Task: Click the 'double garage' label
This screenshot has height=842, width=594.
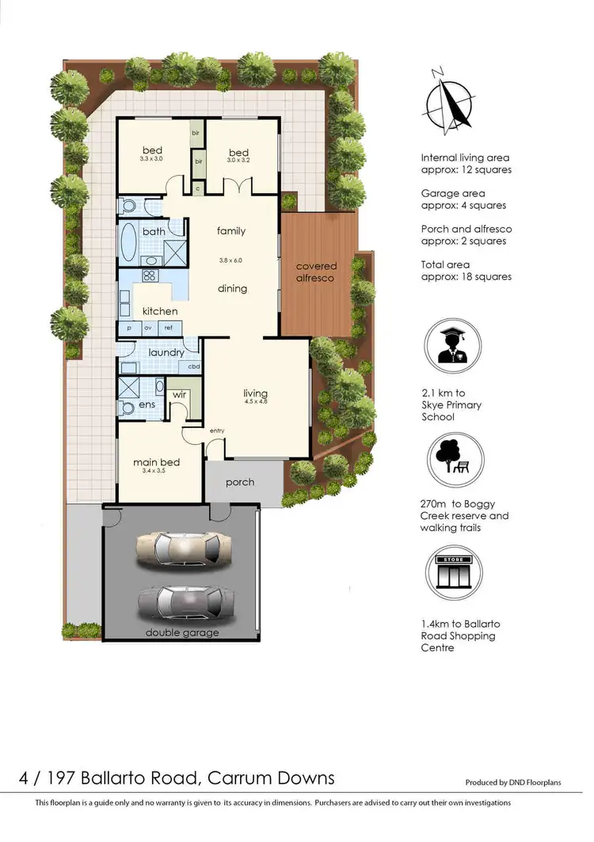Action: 182,632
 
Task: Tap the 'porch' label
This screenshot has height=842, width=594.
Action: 239,481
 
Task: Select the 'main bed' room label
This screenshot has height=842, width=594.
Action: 156,462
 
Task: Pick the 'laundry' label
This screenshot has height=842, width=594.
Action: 166,352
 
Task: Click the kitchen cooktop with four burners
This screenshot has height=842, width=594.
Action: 149,276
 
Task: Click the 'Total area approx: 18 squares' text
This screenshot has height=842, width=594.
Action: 466,271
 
